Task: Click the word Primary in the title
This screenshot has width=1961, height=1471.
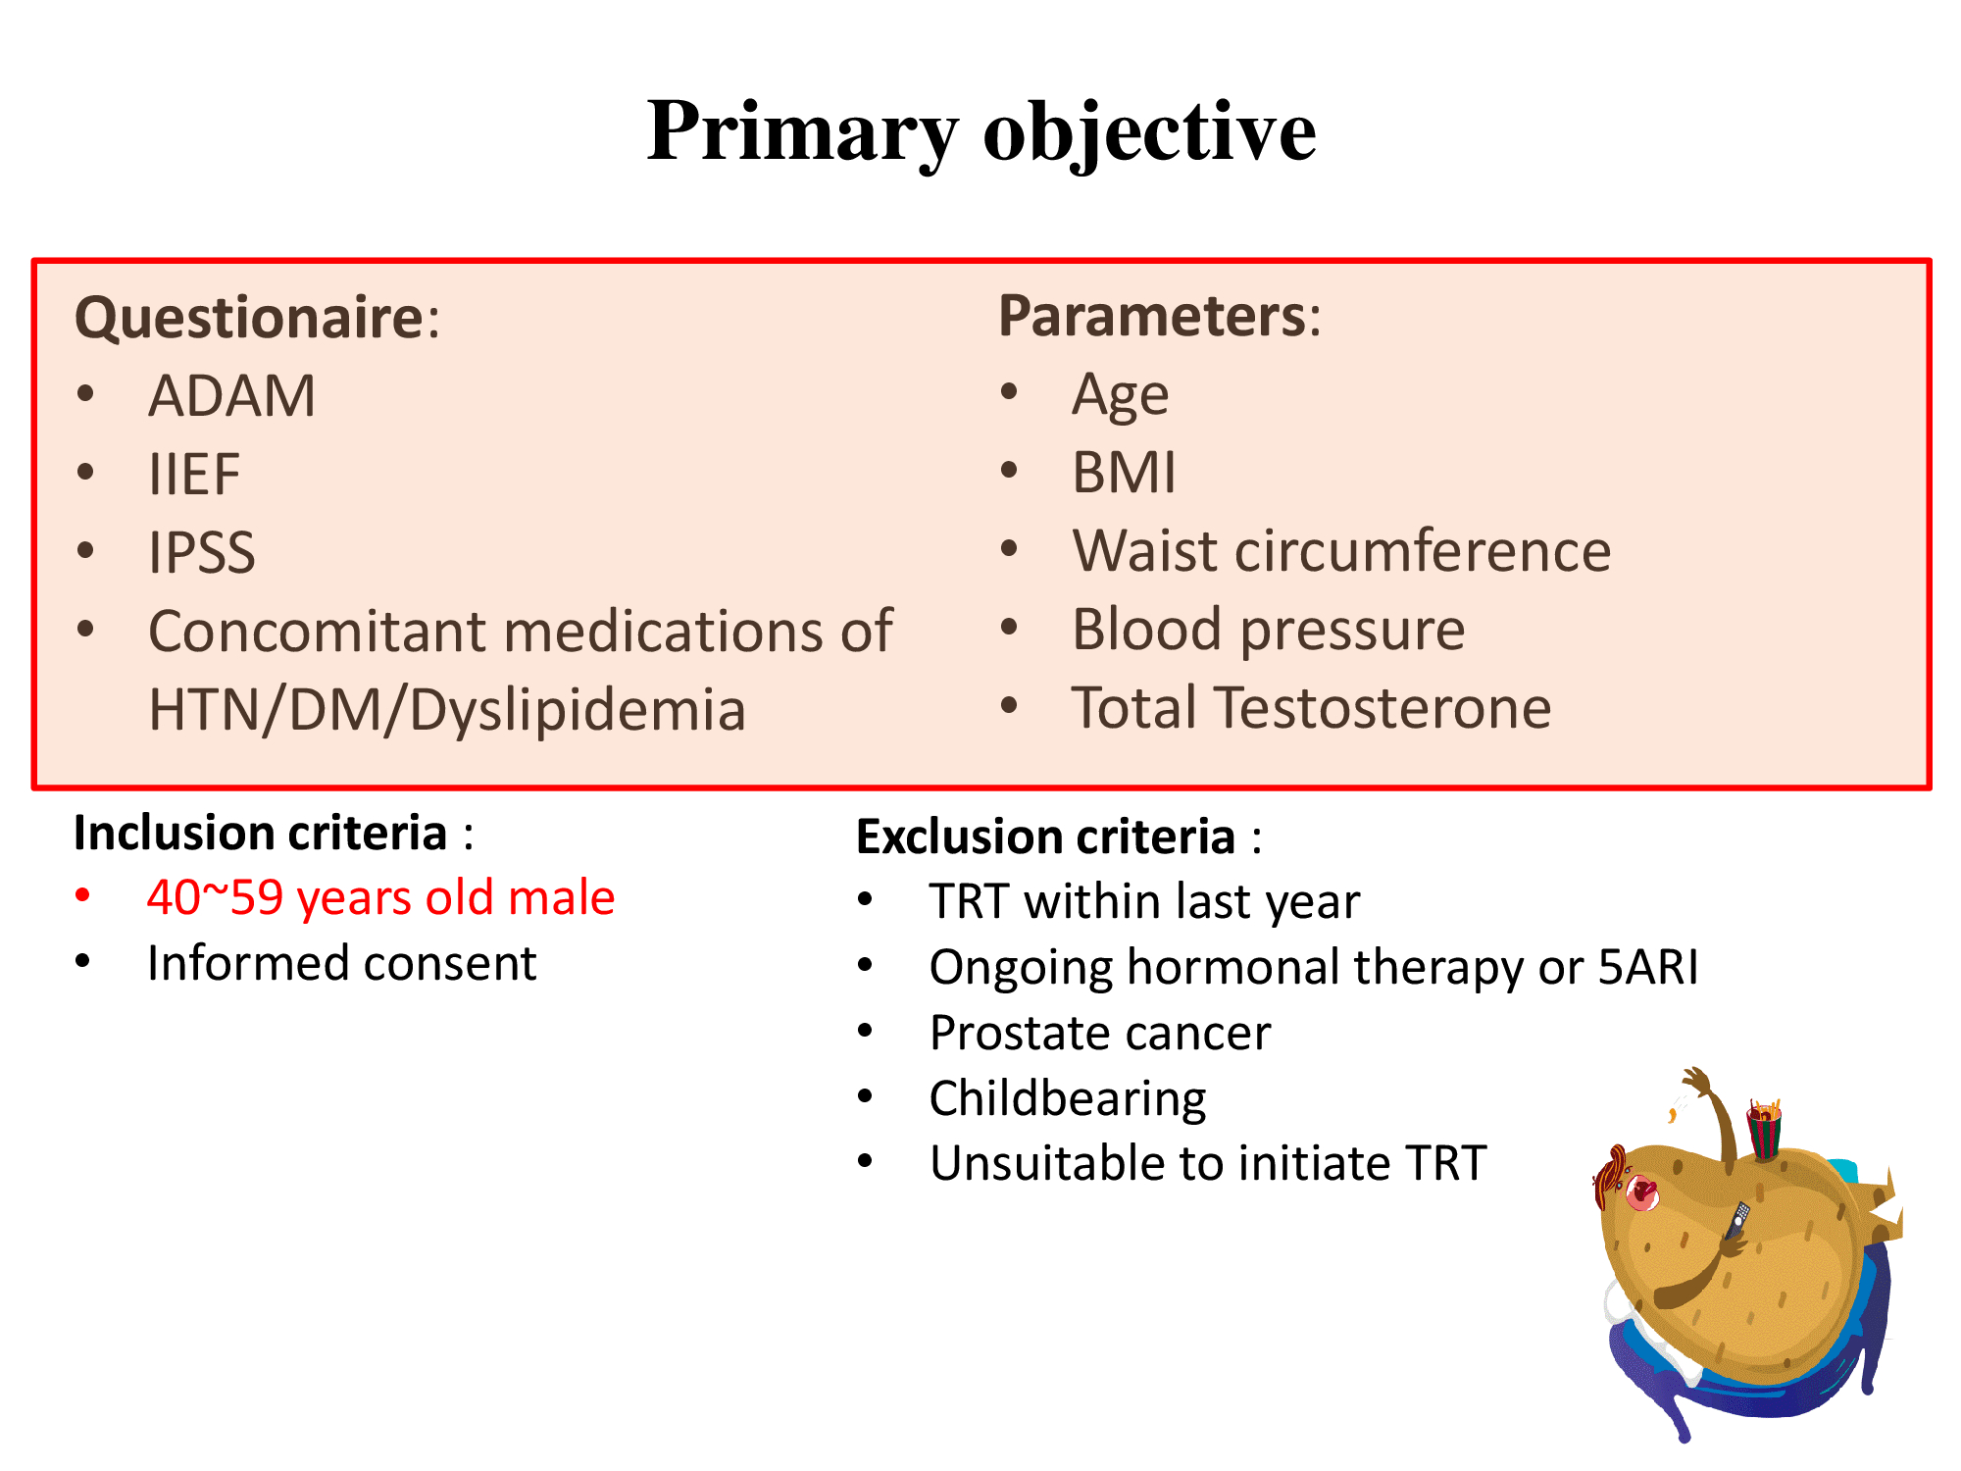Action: point(802,132)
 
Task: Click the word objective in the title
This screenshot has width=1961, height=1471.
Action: point(1150,132)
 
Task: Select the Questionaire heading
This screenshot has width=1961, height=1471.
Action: point(258,318)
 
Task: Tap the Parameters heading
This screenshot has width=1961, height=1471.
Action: point(1160,316)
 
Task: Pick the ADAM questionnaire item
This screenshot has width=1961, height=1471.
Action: point(232,396)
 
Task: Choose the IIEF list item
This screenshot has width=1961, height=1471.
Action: point(194,475)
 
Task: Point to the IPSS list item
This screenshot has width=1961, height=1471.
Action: point(202,552)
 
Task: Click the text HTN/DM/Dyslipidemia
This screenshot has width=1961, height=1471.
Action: point(447,709)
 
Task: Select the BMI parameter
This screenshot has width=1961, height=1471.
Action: point(1124,473)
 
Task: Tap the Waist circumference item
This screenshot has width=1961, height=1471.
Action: point(1341,550)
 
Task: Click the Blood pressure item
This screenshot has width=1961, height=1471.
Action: point(1269,630)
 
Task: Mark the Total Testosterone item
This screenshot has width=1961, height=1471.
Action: point(1312,707)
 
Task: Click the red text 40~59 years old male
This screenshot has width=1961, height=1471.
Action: point(380,897)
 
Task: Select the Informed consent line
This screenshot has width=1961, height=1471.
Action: point(341,963)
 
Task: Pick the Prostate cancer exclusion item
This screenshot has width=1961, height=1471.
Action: point(1100,1033)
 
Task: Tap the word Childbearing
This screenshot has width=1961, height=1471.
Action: point(1068,1099)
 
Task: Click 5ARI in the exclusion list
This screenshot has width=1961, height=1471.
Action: point(1648,967)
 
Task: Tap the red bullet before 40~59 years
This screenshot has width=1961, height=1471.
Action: point(83,896)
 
